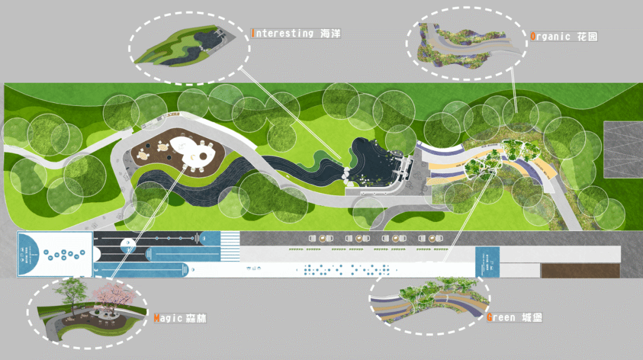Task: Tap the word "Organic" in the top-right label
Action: [551, 36]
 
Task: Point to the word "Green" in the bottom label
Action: [501, 317]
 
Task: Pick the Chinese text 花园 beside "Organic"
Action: [587, 36]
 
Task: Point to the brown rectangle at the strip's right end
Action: [580, 270]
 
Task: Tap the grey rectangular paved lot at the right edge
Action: [623, 150]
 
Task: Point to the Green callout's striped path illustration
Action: [429, 303]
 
